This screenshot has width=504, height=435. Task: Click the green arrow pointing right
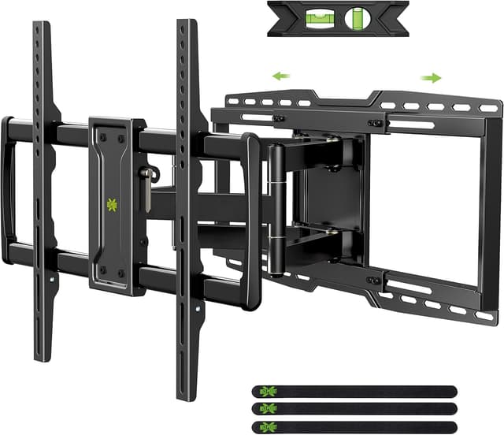tap(431, 77)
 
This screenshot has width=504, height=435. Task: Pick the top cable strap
tap(354, 391)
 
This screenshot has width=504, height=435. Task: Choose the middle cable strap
tap(354, 408)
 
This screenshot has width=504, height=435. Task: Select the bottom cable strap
tap(354, 426)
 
